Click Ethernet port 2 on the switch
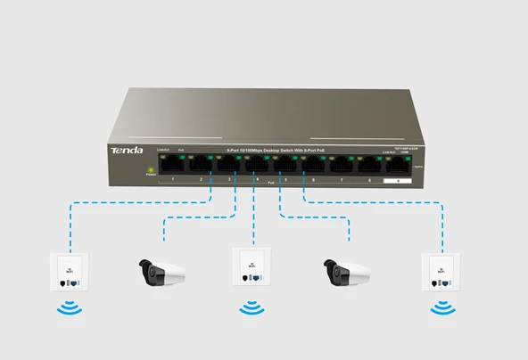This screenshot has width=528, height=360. pos(201,165)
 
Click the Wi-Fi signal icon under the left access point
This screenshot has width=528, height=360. pos(68,310)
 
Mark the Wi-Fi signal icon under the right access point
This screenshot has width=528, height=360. pos(439,310)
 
